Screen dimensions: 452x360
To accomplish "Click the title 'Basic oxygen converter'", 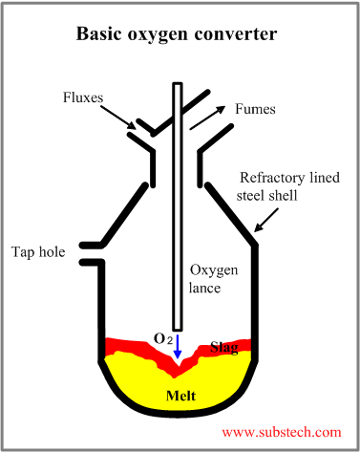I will pyautogui.click(x=180, y=35).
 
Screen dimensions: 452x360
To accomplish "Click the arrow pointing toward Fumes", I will pyautogui.click(x=210, y=117).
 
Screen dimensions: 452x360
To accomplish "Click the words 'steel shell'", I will pyautogui.click(x=268, y=197).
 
